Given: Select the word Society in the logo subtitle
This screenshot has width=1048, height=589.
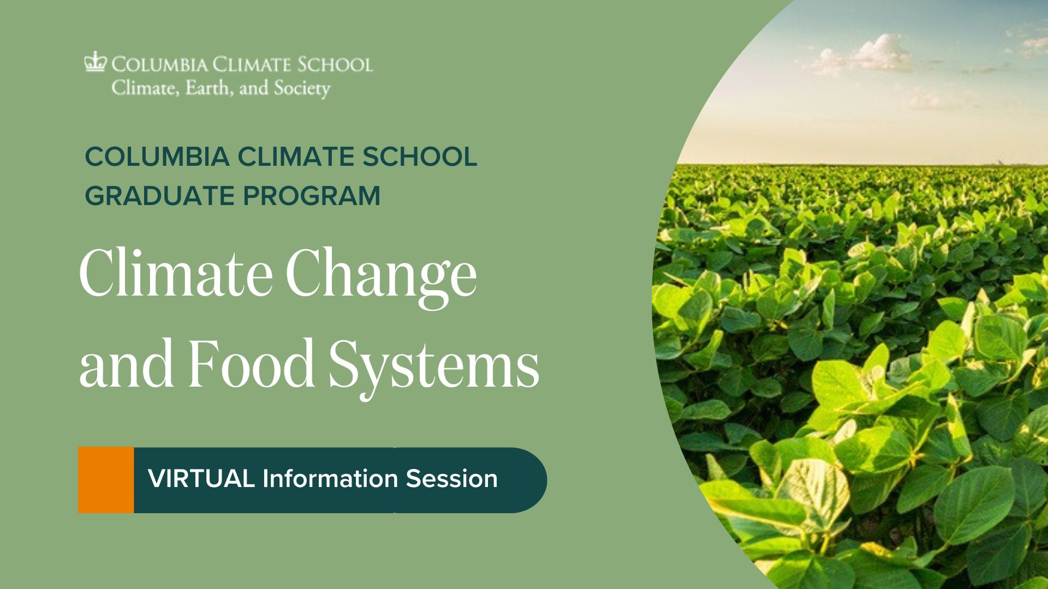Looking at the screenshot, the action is (302, 89).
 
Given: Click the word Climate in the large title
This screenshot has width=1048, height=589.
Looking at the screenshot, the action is (176, 273).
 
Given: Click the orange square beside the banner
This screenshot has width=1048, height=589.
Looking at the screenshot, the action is (106, 480).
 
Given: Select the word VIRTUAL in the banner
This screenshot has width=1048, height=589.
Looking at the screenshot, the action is (201, 479).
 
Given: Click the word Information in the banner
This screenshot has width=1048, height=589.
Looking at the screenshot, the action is (330, 479).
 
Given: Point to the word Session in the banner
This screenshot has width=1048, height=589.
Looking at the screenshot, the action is (451, 479).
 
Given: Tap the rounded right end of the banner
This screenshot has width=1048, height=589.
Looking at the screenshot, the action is (532, 480).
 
